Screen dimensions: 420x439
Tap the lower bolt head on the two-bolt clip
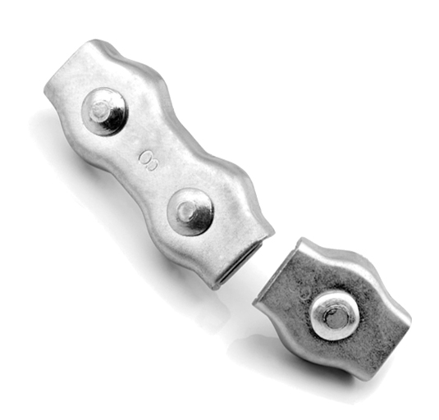click(190, 212)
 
